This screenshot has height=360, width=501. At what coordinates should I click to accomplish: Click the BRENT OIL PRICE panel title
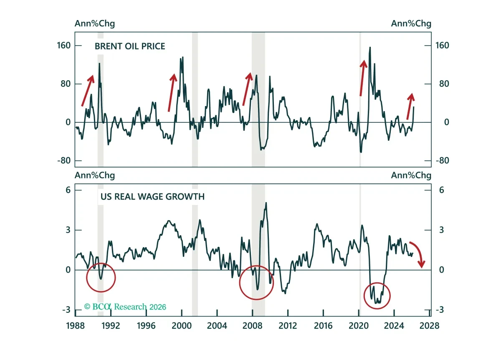pyautogui.click(x=130, y=46)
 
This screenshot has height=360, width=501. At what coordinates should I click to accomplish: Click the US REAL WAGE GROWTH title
pyautogui.click(x=152, y=197)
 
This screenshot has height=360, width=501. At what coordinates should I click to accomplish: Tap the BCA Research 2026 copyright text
pyautogui.click(x=125, y=307)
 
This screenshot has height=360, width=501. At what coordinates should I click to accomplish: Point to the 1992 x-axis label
pyautogui.click(x=111, y=326)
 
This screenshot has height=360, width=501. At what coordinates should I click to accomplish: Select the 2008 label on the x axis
pyautogui.click(x=252, y=326)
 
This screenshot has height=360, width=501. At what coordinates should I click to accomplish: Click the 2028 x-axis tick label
pyautogui.click(x=429, y=326)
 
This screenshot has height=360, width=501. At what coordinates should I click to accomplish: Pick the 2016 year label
pyautogui.click(x=323, y=326)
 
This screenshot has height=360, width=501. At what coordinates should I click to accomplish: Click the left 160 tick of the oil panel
pyautogui.click(x=64, y=46)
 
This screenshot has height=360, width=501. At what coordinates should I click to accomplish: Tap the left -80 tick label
pyautogui.click(x=64, y=161)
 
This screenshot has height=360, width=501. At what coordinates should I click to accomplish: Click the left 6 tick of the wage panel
pyautogui.click(x=68, y=190)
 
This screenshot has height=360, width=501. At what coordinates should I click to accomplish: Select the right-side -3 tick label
pyautogui.click(x=440, y=310)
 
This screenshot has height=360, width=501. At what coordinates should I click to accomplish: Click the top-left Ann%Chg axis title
pyautogui.click(x=95, y=23)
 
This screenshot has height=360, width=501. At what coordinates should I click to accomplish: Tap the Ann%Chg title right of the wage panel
pyautogui.click(x=411, y=175)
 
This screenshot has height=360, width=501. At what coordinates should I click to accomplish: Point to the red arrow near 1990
pyautogui.click(x=88, y=91)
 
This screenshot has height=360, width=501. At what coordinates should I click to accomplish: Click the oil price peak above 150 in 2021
pyautogui.click(x=370, y=47)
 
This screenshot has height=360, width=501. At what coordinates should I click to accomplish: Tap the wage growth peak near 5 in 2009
pyautogui.click(x=266, y=203)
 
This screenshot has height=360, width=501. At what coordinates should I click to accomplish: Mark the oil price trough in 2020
pyautogui.click(x=361, y=152)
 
